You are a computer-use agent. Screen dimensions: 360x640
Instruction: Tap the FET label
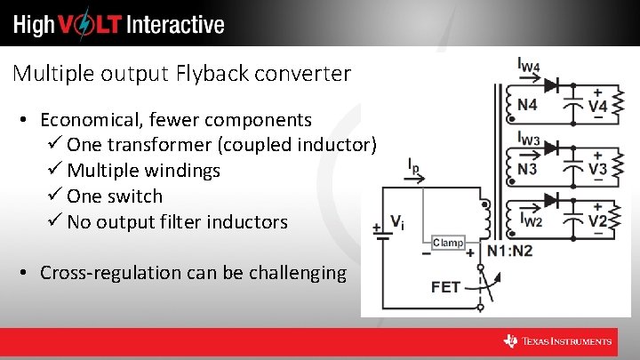(446, 287)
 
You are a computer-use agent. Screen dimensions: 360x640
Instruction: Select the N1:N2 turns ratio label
(510, 252)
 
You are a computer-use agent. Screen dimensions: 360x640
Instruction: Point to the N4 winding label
(527, 105)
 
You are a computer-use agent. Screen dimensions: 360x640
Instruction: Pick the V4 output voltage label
(598, 106)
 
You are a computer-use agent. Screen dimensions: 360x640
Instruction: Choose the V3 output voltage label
(598, 168)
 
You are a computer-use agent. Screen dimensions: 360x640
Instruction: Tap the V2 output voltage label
(598, 220)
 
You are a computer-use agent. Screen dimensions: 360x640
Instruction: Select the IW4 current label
(529, 65)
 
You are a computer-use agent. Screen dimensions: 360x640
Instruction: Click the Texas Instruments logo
(558, 341)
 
